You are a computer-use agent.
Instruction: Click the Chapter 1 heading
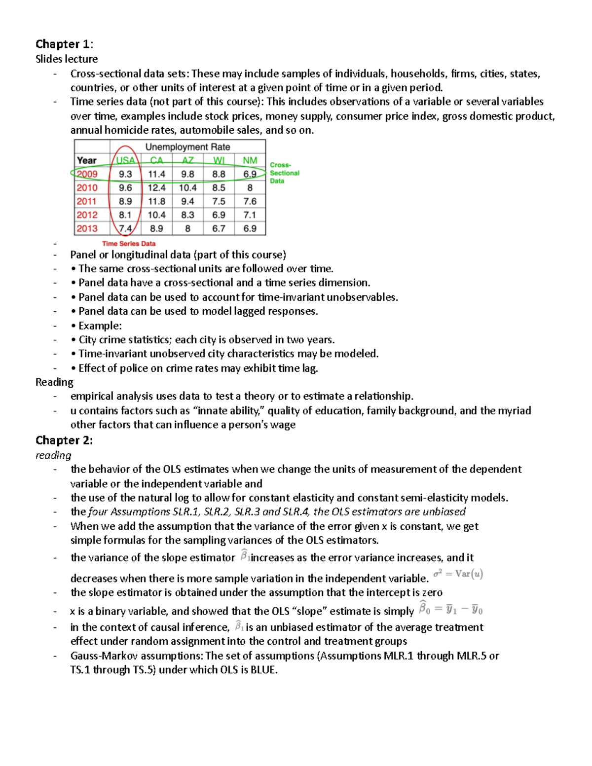pos(64,44)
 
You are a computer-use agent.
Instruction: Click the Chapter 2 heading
pos(64,440)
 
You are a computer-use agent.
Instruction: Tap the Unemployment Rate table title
pos(187,147)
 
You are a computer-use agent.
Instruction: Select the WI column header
pos(219,160)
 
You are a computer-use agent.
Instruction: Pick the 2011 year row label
pos(86,201)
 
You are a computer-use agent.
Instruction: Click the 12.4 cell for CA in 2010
pos(156,187)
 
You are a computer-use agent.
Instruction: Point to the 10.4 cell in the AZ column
pos(187,187)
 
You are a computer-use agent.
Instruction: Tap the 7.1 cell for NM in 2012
pos(250,215)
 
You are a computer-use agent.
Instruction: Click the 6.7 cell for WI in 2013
pos(219,228)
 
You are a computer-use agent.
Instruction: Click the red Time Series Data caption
pos(128,244)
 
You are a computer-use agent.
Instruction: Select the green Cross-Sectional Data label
pos(284,173)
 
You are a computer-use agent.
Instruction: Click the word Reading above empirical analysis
pos(54,382)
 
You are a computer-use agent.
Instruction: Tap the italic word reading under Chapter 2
pos(53,455)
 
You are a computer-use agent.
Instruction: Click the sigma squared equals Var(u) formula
pos(458,574)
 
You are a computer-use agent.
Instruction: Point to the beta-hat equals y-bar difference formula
pos(450,609)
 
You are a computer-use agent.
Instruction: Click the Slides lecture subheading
pos(67,59)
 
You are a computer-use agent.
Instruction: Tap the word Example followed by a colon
pos(100,326)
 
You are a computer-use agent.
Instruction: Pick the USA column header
pos(125,160)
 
